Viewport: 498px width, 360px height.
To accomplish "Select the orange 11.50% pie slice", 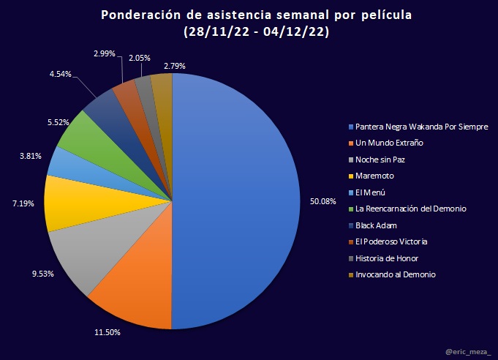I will pos(135,293).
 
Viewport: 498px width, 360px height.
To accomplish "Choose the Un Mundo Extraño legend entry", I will pos(389,143).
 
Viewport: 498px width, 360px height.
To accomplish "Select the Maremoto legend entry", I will pos(376,176).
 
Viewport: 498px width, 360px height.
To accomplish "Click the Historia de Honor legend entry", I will pos(387,258).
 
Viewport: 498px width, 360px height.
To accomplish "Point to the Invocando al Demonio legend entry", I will pos(395,274).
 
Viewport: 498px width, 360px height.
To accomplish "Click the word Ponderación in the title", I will pos(140,15).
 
